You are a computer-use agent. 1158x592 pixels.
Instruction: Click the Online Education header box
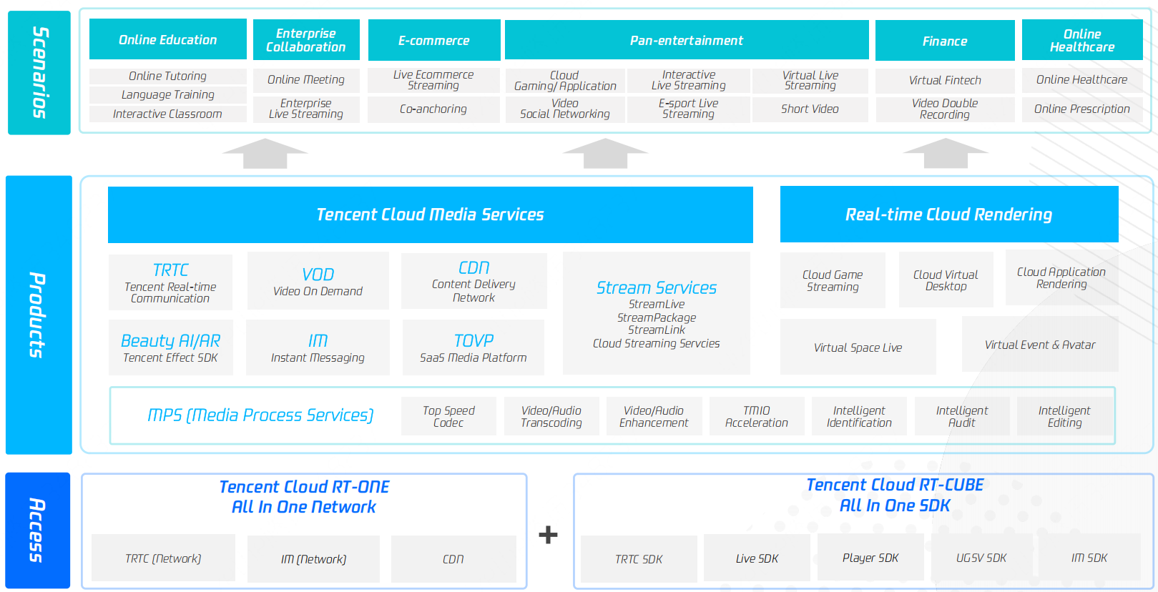coord(167,39)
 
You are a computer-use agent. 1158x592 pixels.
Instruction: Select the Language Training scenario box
coord(167,94)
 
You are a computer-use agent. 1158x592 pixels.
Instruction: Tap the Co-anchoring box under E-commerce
coord(433,109)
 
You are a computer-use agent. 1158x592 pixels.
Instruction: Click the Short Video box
coord(810,109)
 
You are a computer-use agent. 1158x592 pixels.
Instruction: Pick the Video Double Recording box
coord(944,109)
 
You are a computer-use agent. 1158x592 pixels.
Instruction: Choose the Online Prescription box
coord(1081,109)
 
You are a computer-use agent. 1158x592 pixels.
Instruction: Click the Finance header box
coord(944,41)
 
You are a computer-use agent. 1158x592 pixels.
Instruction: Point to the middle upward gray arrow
coord(605,153)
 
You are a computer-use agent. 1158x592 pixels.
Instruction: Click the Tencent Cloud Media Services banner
coord(430,214)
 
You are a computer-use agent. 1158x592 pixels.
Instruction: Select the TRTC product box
coord(170,282)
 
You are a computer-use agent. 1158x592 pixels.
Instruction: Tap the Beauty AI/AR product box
coord(170,347)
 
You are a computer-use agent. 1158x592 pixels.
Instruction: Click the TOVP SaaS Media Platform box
coord(473,347)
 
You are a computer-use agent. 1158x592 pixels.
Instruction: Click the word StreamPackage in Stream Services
coord(656,317)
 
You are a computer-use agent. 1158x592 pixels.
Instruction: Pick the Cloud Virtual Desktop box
coord(945,280)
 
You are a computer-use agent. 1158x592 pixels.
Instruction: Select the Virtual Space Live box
coord(858,347)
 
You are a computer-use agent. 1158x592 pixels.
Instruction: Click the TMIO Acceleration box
coord(756,416)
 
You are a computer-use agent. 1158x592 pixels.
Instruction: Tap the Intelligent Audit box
coord(961,416)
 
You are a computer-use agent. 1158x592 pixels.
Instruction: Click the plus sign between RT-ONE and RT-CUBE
coord(548,535)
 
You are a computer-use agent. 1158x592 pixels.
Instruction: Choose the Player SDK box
coord(870,558)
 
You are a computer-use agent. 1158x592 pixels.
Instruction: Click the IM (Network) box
coord(313,559)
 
